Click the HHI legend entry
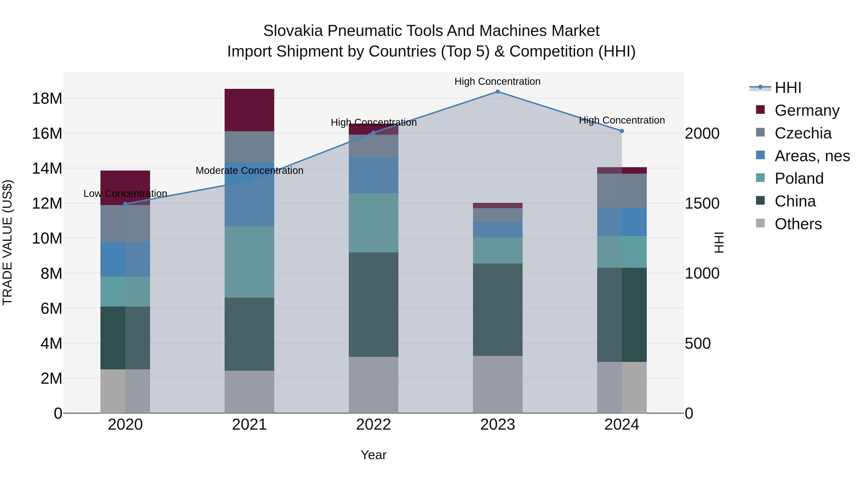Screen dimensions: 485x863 tap(787, 88)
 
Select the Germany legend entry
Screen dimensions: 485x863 tap(807, 110)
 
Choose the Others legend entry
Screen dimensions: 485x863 tap(798, 224)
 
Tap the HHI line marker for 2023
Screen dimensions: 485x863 tap(497, 92)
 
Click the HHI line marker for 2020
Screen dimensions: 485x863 tap(125, 204)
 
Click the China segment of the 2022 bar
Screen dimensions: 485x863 tap(373, 305)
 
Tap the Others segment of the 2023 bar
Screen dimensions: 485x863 tap(497, 384)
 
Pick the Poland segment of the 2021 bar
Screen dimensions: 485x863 tap(249, 262)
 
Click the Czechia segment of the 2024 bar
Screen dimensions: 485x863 tap(622, 191)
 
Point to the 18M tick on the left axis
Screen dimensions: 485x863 tap(47, 99)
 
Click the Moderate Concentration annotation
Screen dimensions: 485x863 tap(249, 171)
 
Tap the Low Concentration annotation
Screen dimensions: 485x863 tap(125, 194)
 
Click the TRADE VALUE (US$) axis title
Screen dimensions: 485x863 tap(8, 242)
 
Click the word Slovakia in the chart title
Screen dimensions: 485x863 tap(293, 31)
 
